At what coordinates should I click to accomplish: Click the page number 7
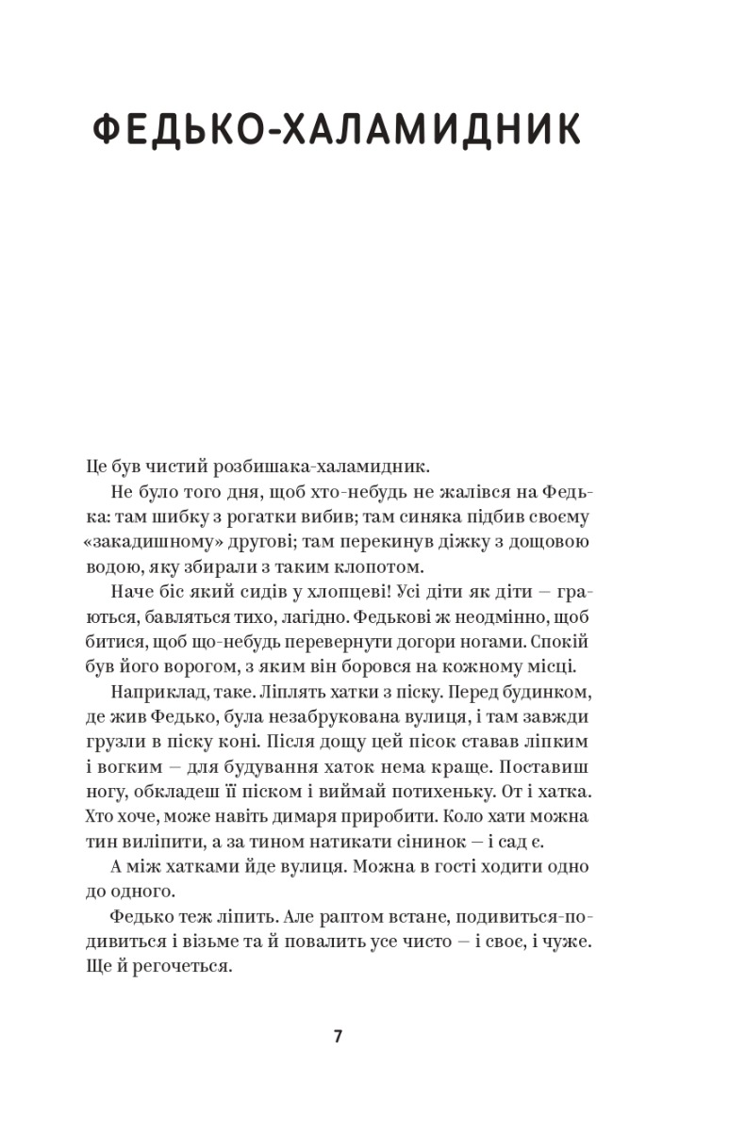(339, 1037)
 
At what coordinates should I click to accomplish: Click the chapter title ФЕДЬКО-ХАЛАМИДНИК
(338, 130)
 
